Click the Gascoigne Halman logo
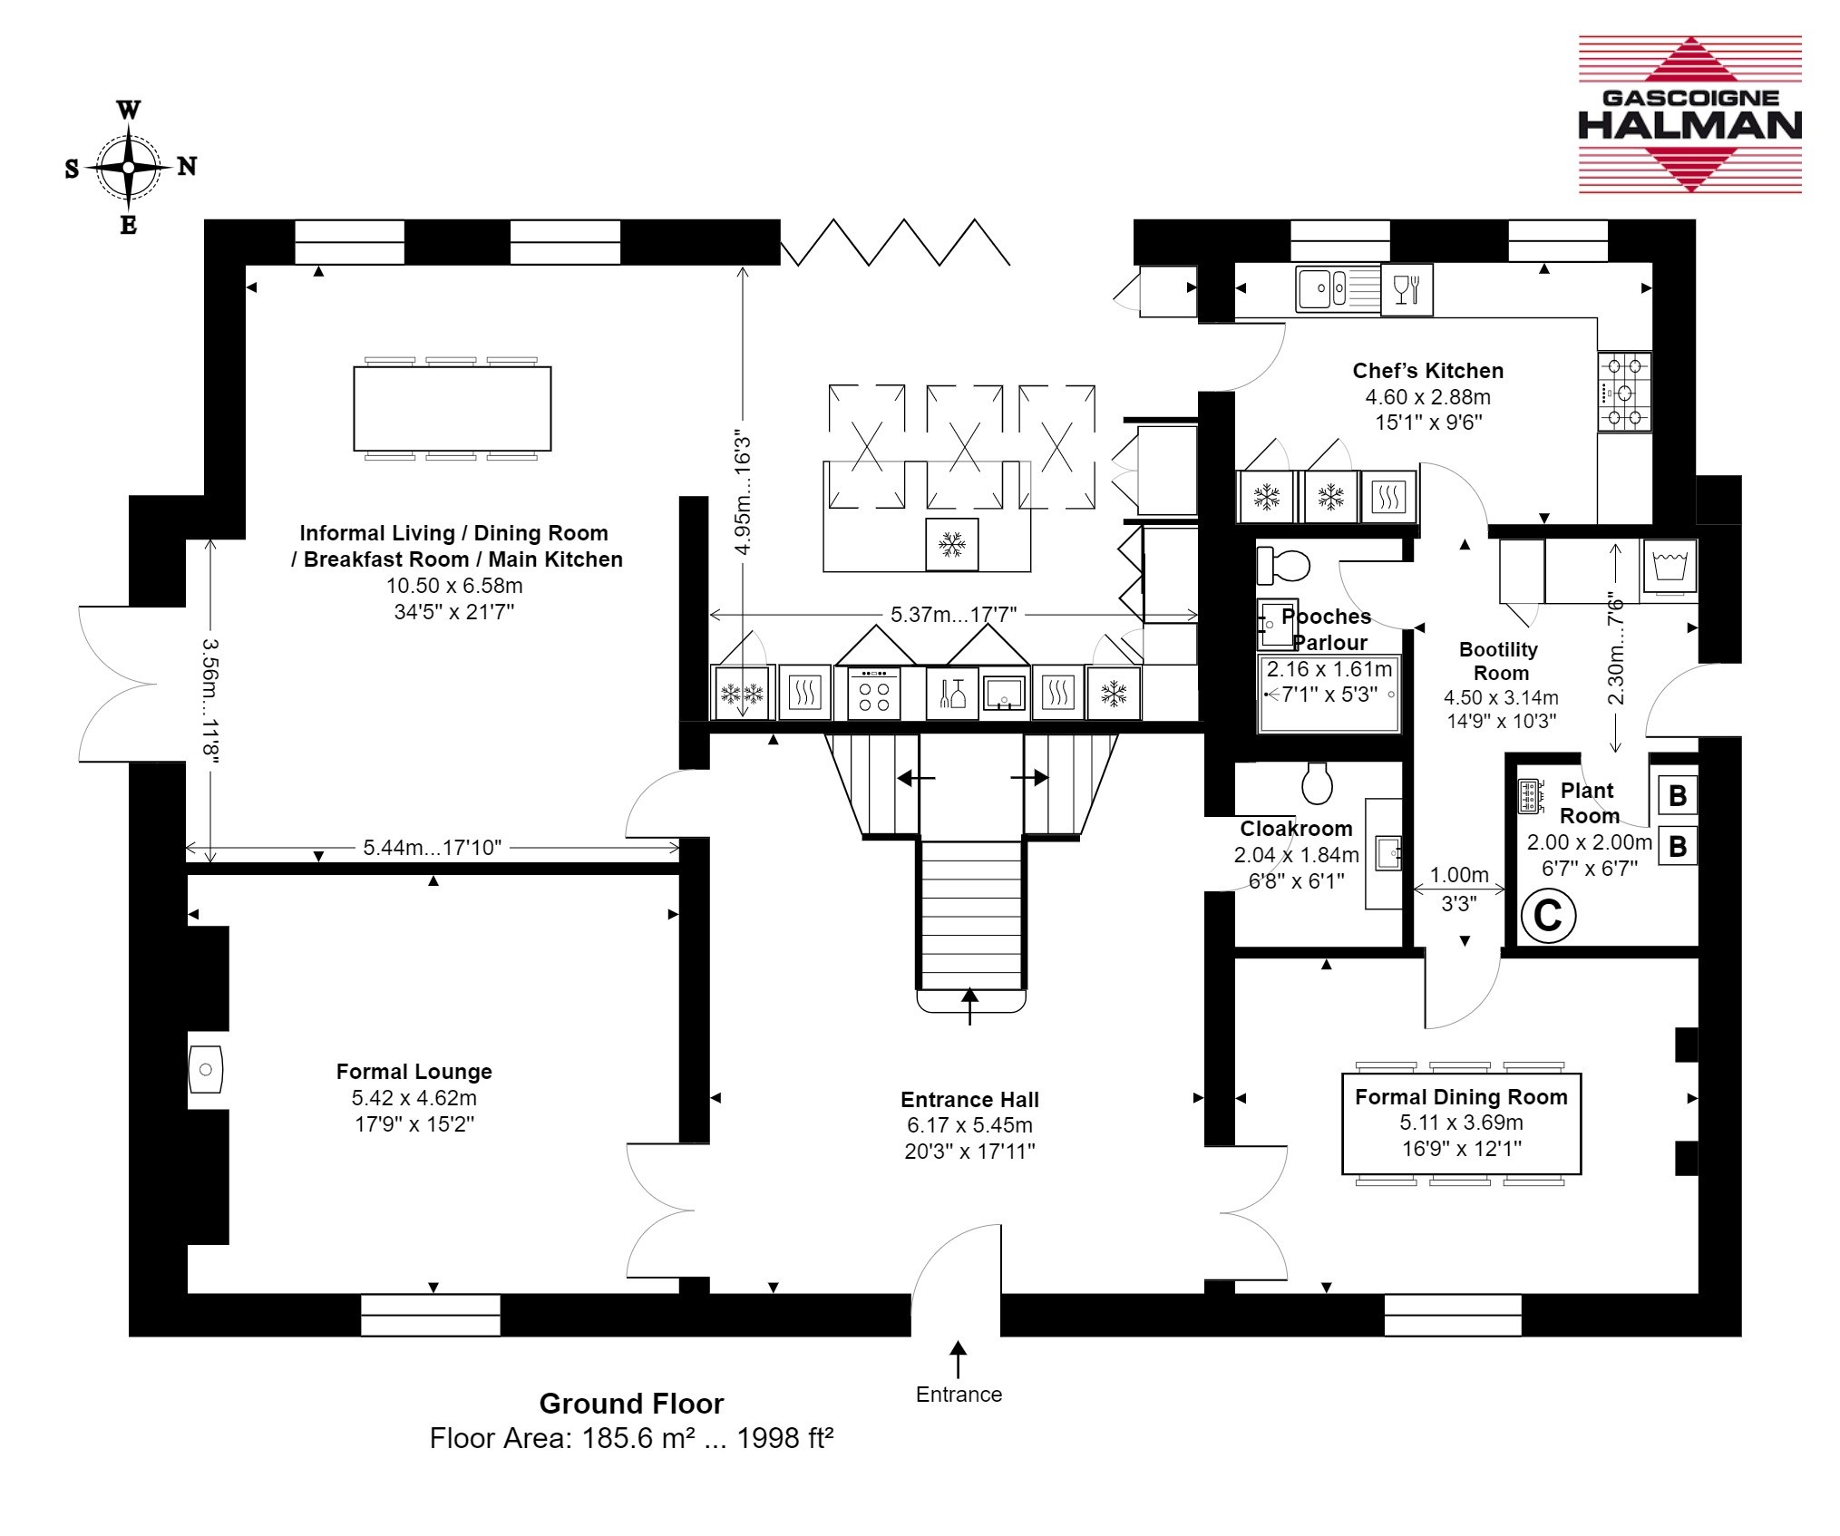click(x=1689, y=114)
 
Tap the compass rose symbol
click(x=129, y=168)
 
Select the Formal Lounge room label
click(x=414, y=1072)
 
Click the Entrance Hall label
click(x=969, y=1100)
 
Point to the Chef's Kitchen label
click(x=1428, y=371)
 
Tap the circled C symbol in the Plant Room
click(x=1548, y=916)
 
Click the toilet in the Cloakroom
click(x=1317, y=783)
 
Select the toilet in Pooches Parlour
click(x=1283, y=566)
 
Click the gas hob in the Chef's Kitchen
click(x=1624, y=393)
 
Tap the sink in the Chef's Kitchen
click(x=1338, y=289)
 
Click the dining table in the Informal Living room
click(x=452, y=409)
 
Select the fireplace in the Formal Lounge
click(x=206, y=1070)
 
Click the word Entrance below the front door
click(x=959, y=1395)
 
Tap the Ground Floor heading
click(x=631, y=1404)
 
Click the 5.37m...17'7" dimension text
click(x=953, y=615)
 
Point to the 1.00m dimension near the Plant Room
click(x=1459, y=875)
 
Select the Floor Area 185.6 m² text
click(x=631, y=1438)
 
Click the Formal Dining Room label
click(x=1461, y=1097)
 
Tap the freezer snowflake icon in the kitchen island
click(x=951, y=545)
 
